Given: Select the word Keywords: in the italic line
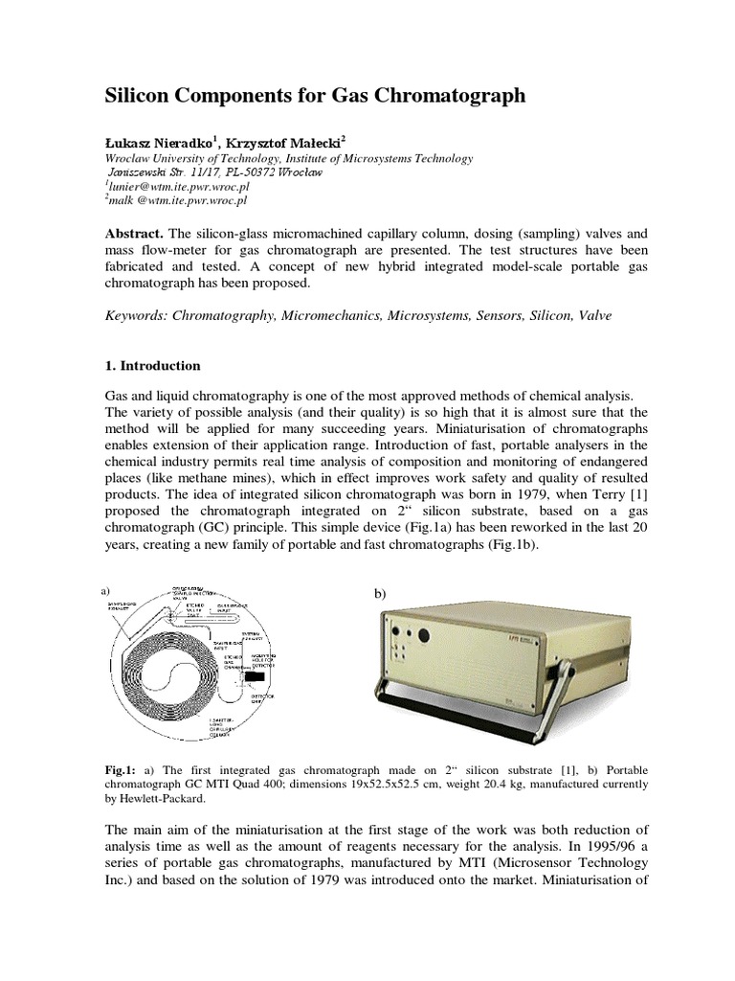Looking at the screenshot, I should (x=136, y=315).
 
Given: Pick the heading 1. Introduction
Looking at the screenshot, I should (x=151, y=365).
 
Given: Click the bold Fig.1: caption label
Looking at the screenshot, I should (x=120, y=769).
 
